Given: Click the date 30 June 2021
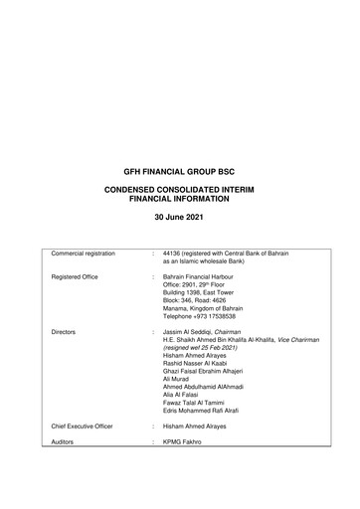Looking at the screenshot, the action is click(180, 216).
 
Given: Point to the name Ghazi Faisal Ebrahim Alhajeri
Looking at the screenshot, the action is click(211, 373).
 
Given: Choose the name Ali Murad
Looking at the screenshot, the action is click(177, 382).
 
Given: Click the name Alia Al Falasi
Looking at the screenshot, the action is click(182, 400).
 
